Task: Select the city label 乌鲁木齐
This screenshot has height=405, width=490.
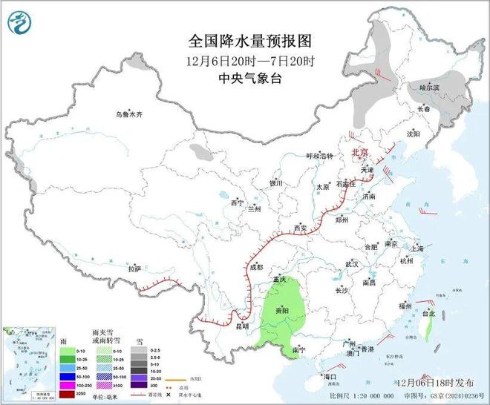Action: [128, 114]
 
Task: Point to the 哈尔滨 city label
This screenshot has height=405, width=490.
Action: [430, 88]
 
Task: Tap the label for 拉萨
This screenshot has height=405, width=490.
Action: [134, 269]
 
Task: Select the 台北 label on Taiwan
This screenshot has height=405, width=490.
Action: [428, 314]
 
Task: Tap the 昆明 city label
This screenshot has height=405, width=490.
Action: [242, 326]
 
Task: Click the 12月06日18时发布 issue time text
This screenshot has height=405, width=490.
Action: [434, 383]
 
